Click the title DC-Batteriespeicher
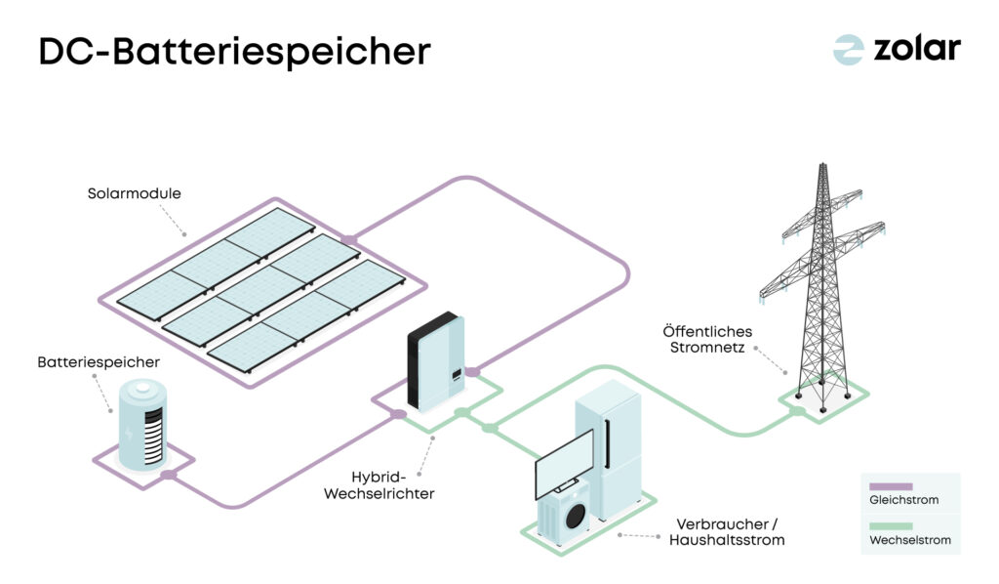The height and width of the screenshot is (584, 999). (x=234, y=52)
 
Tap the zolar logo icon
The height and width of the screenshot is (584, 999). (x=848, y=50)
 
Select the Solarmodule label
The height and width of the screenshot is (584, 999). (x=134, y=193)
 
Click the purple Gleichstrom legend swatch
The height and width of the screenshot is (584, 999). (x=890, y=485)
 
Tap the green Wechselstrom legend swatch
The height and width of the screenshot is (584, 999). (x=890, y=524)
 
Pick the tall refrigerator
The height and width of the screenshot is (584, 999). (x=608, y=449)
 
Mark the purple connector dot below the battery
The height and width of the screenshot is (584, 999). (x=168, y=476)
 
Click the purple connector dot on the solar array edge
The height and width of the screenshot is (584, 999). (x=349, y=238)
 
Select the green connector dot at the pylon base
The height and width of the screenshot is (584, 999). (x=798, y=411)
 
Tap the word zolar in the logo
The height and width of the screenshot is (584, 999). (x=917, y=49)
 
